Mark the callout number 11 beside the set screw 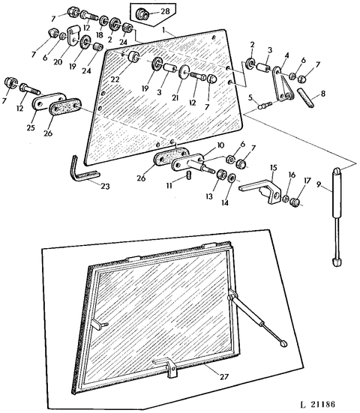(x=169, y=183)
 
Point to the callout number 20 (x=57, y=64)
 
